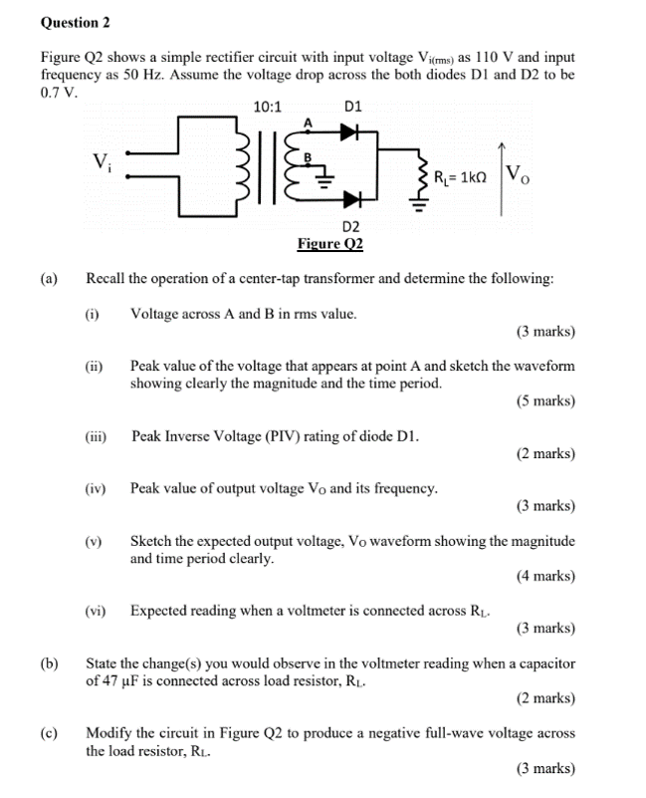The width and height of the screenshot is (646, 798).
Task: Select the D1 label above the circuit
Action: tap(352, 106)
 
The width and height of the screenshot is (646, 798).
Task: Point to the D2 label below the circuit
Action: tap(349, 225)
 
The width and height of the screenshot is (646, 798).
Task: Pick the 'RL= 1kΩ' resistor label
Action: tap(460, 178)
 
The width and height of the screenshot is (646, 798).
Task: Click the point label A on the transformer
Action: tap(308, 122)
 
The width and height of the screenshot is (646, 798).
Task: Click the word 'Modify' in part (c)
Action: tap(110, 732)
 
